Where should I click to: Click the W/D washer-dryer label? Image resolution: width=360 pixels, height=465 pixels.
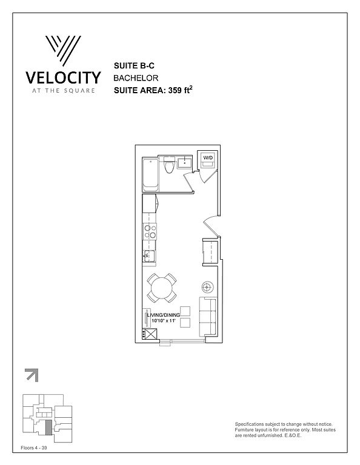[x=208, y=157]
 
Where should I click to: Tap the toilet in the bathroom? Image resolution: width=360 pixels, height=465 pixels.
[x=169, y=165]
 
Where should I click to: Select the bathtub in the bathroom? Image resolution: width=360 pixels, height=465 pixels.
[x=150, y=175]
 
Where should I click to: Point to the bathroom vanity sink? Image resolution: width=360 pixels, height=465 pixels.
[x=185, y=163]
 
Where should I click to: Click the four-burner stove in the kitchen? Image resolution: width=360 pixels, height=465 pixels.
[x=150, y=232]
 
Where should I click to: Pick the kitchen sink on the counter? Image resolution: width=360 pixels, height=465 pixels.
[x=150, y=256]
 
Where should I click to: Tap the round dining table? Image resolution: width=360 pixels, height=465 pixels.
[x=161, y=288]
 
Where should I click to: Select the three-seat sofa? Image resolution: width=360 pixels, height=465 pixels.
[x=208, y=317]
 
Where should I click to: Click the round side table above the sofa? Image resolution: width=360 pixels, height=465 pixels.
[x=208, y=287]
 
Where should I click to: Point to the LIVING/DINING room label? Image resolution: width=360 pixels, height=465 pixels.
[x=164, y=315]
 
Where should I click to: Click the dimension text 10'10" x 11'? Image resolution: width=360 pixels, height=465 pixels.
[x=164, y=321]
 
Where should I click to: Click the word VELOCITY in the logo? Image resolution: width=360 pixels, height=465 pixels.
[x=63, y=77]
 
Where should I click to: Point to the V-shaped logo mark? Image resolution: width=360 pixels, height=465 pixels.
[x=63, y=51]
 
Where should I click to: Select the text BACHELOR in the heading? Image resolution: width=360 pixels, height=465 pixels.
[x=136, y=78]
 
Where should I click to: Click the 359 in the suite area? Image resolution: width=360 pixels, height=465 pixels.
[x=175, y=90]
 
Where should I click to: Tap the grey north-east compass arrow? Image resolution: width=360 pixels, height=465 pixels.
[x=32, y=375]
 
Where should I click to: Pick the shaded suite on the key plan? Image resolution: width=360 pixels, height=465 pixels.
[x=48, y=427]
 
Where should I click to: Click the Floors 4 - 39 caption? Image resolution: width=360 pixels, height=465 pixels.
[x=34, y=447]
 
